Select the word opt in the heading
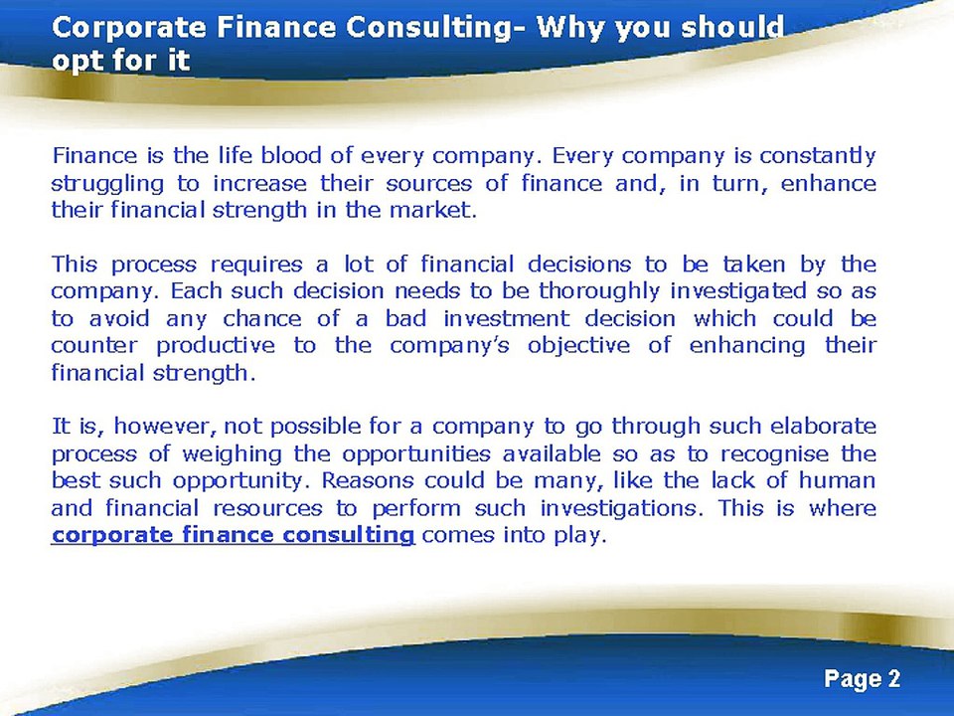point(77,61)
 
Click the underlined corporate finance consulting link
point(233,535)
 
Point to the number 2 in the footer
point(893,679)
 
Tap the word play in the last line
point(580,536)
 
